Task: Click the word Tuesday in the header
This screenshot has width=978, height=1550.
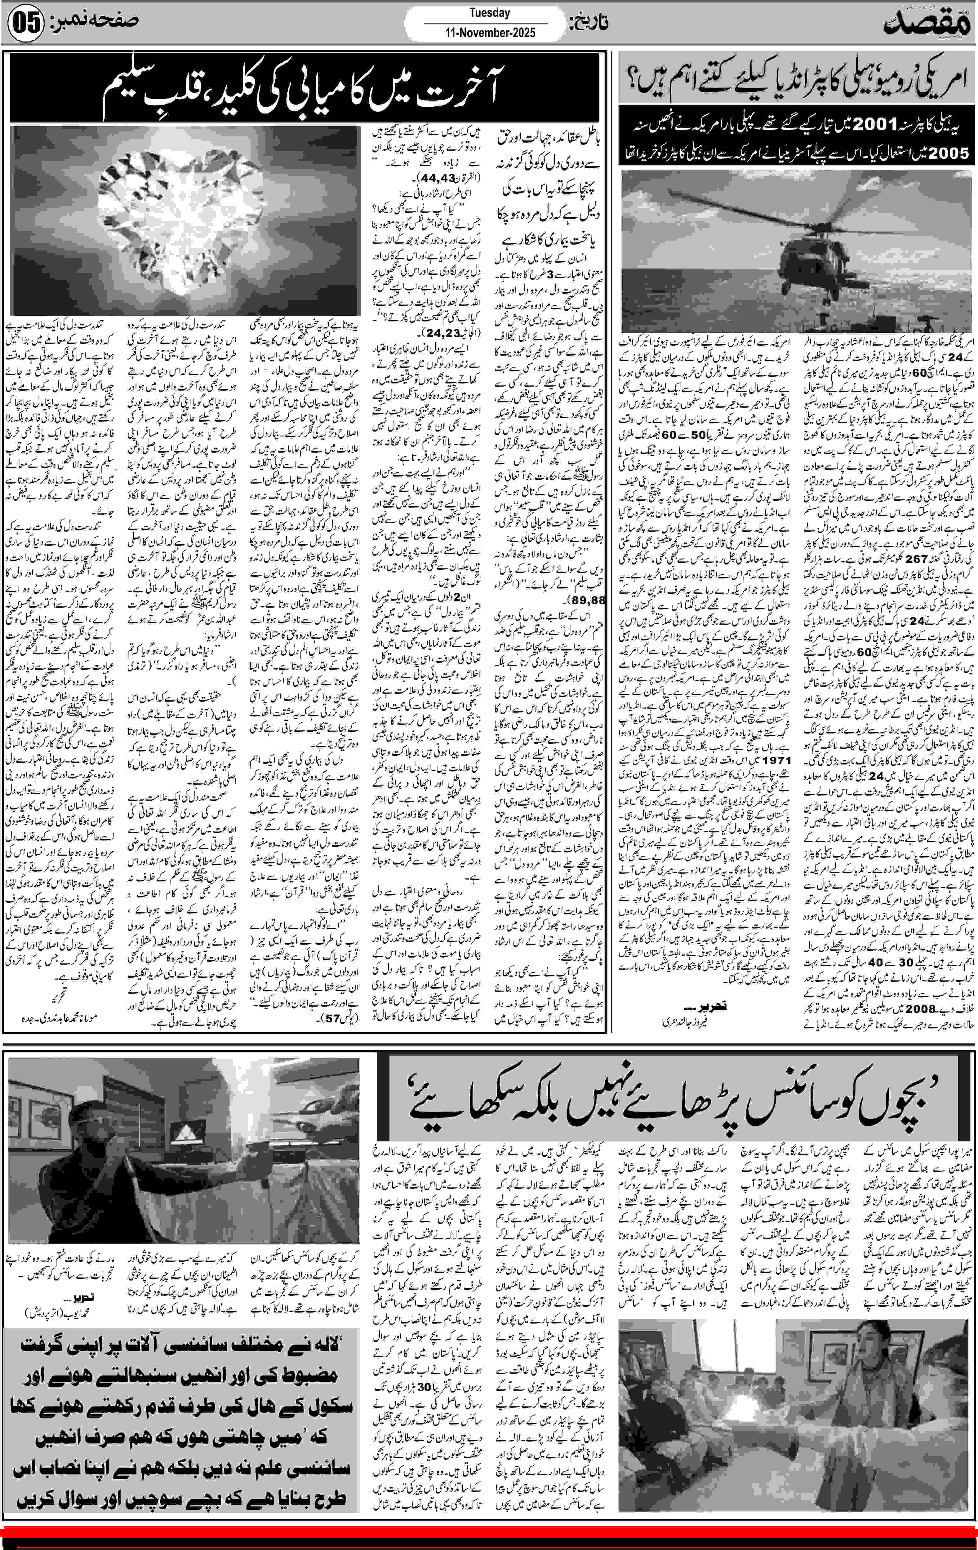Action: point(489,12)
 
